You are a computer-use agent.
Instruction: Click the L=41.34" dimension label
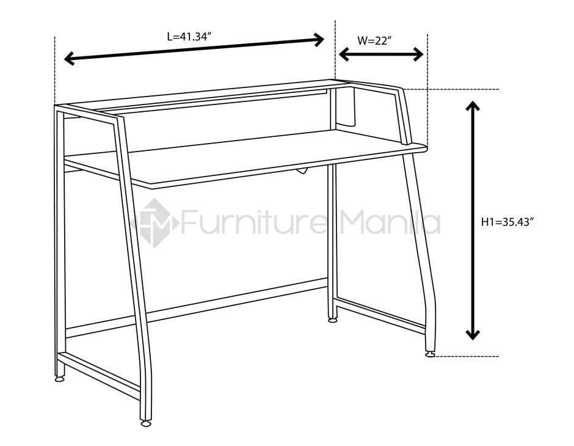pyautogui.click(x=189, y=37)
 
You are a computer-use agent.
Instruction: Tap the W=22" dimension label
pyautogui.click(x=374, y=41)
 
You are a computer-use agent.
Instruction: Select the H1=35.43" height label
pyautogui.click(x=507, y=222)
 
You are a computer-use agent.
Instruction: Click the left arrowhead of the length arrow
pyautogui.click(x=69, y=59)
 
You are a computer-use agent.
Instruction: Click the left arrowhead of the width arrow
pyautogui.click(x=344, y=55)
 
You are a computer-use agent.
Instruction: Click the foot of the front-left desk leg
pyautogui.click(x=146, y=423)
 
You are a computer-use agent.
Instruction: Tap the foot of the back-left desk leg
pyautogui.click(x=60, y=379)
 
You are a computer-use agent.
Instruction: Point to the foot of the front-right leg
pyautogui.click(x=430, y=353)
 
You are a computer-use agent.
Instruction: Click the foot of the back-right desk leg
pyautogui.click(x=333, y=320)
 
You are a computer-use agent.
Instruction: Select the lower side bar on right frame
pyautogui.click(x=380, y=316)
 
